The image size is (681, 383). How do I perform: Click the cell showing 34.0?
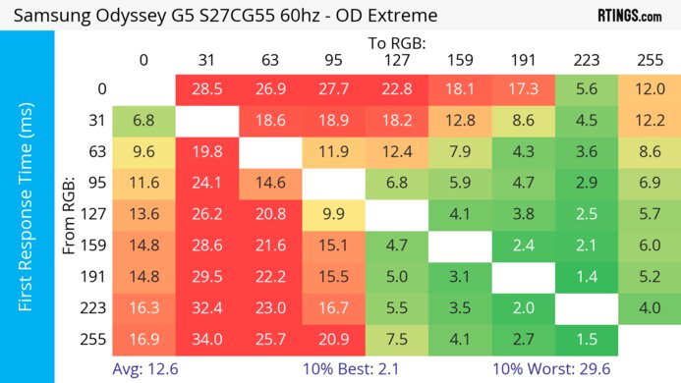pos(206,339)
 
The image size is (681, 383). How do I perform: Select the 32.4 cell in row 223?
pos(206,307)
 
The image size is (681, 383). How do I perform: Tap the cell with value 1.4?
pos(586,276)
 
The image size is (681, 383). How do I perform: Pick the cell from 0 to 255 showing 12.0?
pos(649,88)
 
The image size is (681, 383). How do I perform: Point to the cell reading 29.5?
pos(206,276)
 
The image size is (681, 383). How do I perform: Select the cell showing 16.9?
pos(143,339)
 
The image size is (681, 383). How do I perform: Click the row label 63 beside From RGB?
pos(97,151)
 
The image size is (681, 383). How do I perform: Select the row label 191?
pos(97,276)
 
